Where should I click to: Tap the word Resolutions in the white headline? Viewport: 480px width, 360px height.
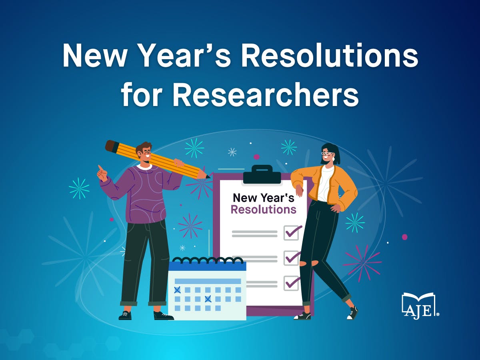pos(330,55)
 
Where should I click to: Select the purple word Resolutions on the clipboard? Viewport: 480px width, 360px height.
pos(264,209)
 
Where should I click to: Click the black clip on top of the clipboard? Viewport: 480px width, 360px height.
pos(262,174)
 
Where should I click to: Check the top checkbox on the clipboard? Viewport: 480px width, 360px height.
pos(292,233)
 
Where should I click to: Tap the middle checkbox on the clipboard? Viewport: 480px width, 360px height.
pos(292,258)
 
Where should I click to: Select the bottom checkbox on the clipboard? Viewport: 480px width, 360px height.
pos(292,283)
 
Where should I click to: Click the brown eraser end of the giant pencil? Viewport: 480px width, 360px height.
pos(112,146)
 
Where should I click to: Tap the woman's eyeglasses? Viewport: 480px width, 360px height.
pos(327,154)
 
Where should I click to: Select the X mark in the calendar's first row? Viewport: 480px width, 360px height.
pos(177,290)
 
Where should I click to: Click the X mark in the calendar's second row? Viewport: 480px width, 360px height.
pos(208,299)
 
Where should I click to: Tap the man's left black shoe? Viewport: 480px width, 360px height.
pos(126,316)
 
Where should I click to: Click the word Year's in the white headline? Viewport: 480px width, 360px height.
pos(187,55)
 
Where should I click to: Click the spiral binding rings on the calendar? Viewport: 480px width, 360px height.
pos(208,260)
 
